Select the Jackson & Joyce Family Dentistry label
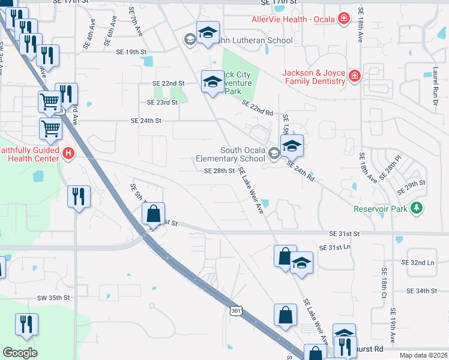314,77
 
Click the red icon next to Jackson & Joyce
355,76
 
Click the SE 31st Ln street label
335,248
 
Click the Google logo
20,353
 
